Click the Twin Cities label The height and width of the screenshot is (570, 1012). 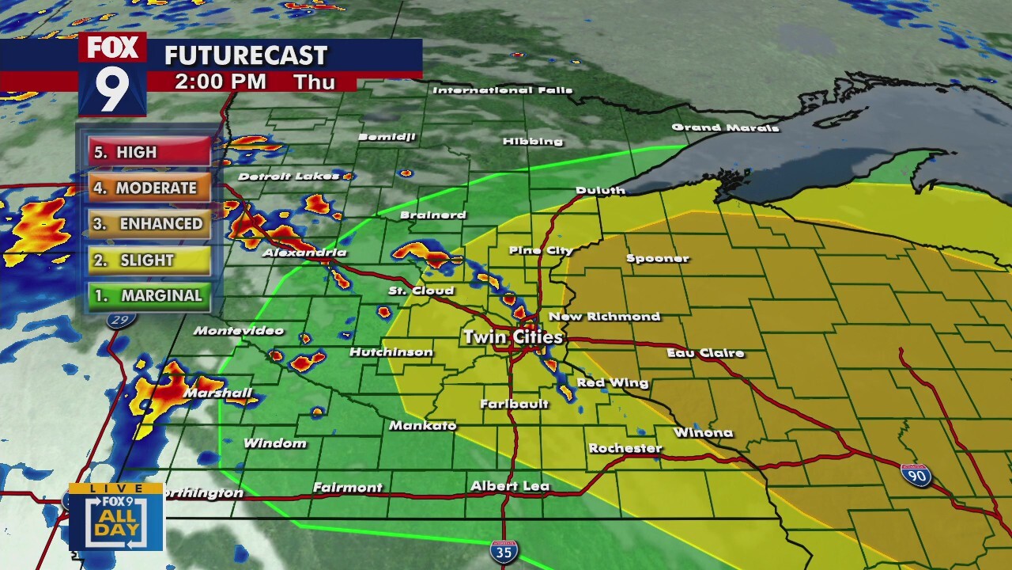coord(512,337)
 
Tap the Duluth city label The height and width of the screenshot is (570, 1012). coord(600,190)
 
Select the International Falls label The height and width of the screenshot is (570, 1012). coord(502,90)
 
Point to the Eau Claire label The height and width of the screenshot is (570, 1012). coord(705,353)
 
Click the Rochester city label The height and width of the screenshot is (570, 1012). coord(625,448)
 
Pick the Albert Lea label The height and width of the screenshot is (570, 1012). coord(509,486)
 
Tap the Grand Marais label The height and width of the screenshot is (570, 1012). coord(725,127)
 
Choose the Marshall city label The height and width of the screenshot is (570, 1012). coord(217,393)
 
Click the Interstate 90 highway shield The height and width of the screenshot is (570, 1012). coord(916,475)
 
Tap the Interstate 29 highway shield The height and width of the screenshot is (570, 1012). coord(123,319)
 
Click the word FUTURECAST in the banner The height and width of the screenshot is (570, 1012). coord(245,55)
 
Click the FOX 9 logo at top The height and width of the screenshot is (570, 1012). coord(112,74)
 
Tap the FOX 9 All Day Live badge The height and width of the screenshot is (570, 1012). coord(115,516)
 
